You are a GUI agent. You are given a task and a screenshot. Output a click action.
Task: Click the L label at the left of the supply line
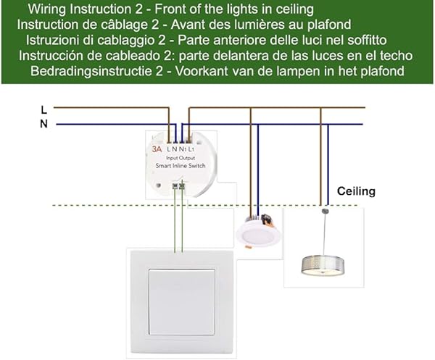click(44, 109)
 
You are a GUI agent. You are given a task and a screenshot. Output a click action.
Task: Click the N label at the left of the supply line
click(44, 124)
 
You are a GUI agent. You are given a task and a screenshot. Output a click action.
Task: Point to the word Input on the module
click(174, 157)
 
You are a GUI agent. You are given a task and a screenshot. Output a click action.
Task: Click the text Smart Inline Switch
click(181, 167)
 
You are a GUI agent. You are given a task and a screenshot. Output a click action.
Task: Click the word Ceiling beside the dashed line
click(357, 191)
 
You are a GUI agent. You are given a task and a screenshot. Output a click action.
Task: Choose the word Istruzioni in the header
click(53, 40)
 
